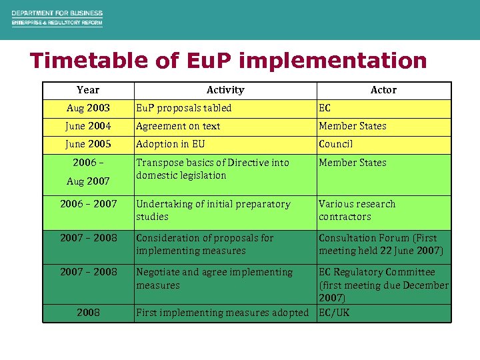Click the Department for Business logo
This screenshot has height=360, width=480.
click(x=57, y=18)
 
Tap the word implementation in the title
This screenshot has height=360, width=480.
click(x=333, y=61)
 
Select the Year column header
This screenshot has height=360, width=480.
click(x=88, y=90)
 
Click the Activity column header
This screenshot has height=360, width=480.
click(x=225, y=90)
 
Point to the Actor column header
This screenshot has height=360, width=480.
click(x=383, y=90)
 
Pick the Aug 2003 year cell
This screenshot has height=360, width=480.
click(x=88, y=108)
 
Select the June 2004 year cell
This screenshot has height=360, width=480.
click(x=88, y=126)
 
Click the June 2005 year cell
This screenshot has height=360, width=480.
click(x=88, y=144)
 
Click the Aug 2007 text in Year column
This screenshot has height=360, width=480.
click(x=88, y=181)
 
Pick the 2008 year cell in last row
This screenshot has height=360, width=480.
click(x=88, y=313)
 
